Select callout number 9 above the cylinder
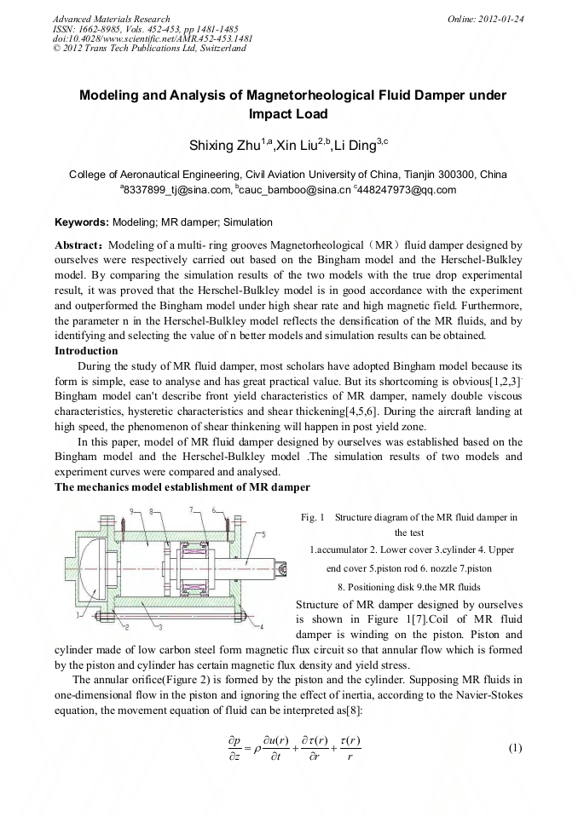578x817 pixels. tap(132, 510)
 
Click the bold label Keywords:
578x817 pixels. tap(81, 222)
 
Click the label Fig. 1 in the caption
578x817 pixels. tap(313, 517)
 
